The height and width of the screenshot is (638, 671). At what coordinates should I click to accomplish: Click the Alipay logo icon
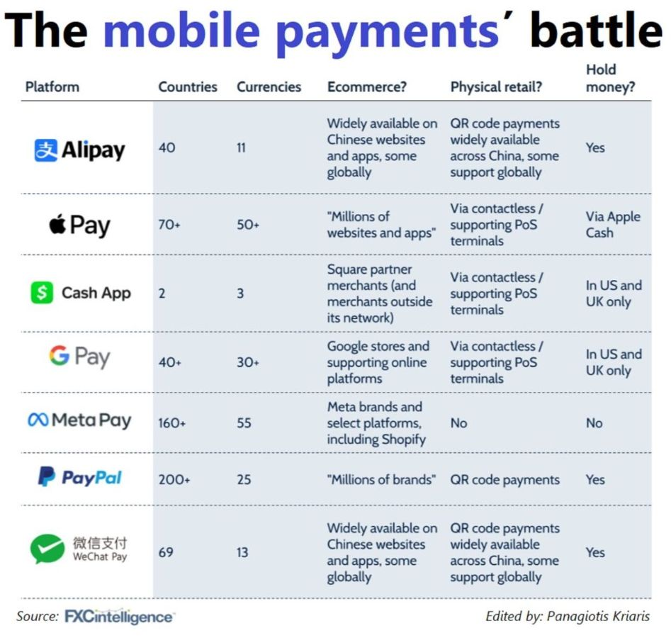(45, 150)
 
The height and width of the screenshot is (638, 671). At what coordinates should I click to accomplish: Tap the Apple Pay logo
(79, 225)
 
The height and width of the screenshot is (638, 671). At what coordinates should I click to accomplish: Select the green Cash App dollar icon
(42, 293)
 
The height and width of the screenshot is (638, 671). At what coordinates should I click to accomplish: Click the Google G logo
(59, 355)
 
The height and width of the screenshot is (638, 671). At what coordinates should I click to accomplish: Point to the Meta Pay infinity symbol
(38, 420)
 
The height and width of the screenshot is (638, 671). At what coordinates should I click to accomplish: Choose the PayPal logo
(80, 477)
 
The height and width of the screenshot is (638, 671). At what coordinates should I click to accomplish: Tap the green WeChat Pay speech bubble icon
(47, 549)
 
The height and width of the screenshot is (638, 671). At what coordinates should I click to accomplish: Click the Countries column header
(188, 87)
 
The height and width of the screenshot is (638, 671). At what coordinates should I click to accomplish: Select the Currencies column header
(269, 87)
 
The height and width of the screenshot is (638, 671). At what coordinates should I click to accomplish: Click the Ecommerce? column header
(367, 87)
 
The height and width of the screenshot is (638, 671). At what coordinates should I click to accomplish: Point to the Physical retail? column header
(496, 87)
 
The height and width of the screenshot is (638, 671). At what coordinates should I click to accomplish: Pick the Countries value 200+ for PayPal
(174, 480)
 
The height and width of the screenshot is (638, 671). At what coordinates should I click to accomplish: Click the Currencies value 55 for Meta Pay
(244, 423)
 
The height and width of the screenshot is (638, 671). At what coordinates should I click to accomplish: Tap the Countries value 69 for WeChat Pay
(166, 552)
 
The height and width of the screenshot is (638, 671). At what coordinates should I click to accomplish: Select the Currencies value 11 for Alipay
(241, 147)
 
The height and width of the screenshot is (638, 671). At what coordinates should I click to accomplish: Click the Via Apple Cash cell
(613, 225)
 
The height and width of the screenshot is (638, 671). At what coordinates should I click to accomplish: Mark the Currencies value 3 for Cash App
(240, 293)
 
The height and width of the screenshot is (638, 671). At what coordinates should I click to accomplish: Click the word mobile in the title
(181, 30)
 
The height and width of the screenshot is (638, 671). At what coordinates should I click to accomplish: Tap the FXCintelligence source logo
(120, 617)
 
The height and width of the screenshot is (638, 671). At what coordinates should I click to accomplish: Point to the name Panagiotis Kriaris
(598, 616)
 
